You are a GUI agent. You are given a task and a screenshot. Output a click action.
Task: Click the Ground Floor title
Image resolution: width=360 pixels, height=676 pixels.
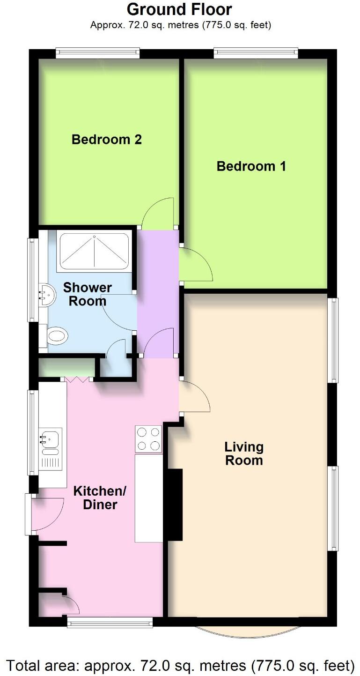point(179,9)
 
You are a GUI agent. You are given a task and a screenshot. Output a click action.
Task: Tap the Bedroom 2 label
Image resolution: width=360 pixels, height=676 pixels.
point(107,140)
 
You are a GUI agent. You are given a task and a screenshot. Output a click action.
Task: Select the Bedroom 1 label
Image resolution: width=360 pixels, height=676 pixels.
point(251,166)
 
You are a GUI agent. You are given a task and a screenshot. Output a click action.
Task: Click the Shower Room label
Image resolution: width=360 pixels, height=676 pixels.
point(88,294)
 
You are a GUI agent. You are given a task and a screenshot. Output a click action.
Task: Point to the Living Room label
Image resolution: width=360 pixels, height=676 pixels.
point(244,453)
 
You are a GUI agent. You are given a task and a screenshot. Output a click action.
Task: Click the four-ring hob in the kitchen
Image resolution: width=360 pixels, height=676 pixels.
point(148,439)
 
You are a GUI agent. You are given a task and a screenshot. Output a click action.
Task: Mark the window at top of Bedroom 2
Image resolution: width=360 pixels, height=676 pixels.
point(97,53)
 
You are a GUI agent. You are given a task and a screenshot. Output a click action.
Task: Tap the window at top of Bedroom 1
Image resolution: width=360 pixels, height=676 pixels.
point(256,53)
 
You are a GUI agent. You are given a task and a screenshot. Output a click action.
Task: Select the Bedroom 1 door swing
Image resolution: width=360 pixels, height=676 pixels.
point(197,265)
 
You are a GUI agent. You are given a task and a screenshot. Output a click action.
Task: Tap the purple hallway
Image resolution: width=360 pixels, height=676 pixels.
point(157,293)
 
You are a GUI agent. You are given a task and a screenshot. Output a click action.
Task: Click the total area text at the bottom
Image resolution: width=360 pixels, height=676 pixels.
point(180,665)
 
